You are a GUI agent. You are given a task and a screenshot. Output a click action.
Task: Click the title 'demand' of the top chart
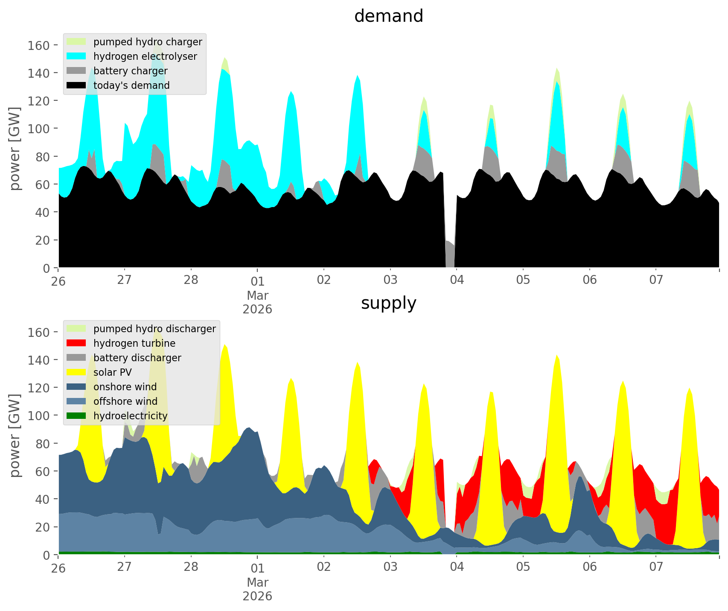click(x=388, y=16)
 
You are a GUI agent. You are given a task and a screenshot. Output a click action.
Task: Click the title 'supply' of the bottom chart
click(x=388, y=303)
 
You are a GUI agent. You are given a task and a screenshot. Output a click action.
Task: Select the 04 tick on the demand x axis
click(x=457, y=281)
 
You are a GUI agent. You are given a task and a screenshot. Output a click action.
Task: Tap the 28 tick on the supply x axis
click(x=191, y=567)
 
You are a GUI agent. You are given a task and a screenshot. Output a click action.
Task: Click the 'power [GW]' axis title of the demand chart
click(x=15, y=149)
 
